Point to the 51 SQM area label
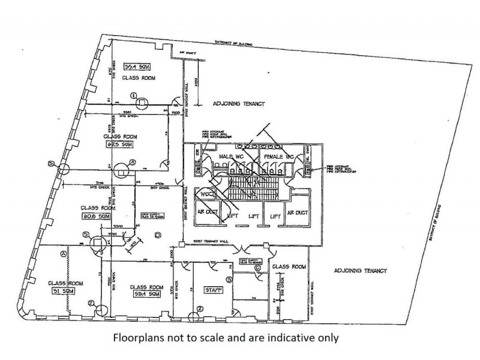[59, 292]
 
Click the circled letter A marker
[64, 254]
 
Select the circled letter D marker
[158, 234]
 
